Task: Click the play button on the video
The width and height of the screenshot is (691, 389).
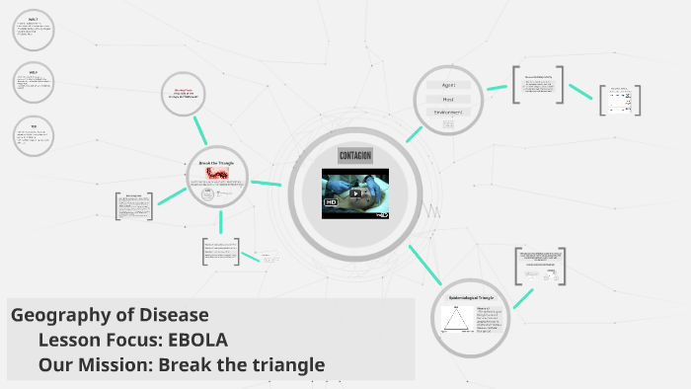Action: [x=355, y=194]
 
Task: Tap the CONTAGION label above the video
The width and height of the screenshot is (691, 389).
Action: [x=354, y=156]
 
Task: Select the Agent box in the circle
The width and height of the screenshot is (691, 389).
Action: [x=447, y=85]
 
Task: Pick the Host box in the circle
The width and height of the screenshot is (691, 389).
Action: [x=447, y=99]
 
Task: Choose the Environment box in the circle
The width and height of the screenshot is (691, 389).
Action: [x=447, y=113]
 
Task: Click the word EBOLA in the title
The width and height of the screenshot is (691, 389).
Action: [x=198, y=341]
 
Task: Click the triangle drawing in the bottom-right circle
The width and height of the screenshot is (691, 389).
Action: [x=457, y=319]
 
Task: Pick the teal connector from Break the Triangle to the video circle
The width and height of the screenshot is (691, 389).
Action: [x=266, y=183]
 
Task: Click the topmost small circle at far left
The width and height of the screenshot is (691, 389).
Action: [x=34, y=32]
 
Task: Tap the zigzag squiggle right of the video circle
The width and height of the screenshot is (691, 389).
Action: [x=431, y=210]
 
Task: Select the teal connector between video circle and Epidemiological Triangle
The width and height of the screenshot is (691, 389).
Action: [x=423, y=265]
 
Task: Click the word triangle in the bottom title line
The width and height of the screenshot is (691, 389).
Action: [x=286, y=365]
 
